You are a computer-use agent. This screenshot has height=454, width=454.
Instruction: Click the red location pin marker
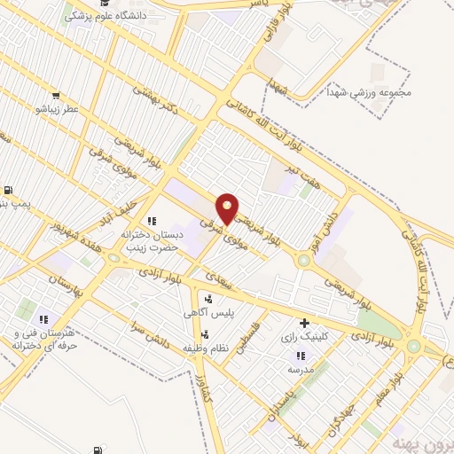pos(228,207)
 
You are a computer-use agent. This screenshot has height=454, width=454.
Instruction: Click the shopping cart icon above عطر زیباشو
pos(57,96)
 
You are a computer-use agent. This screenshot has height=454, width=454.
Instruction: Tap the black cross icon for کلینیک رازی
pos(306,323)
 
